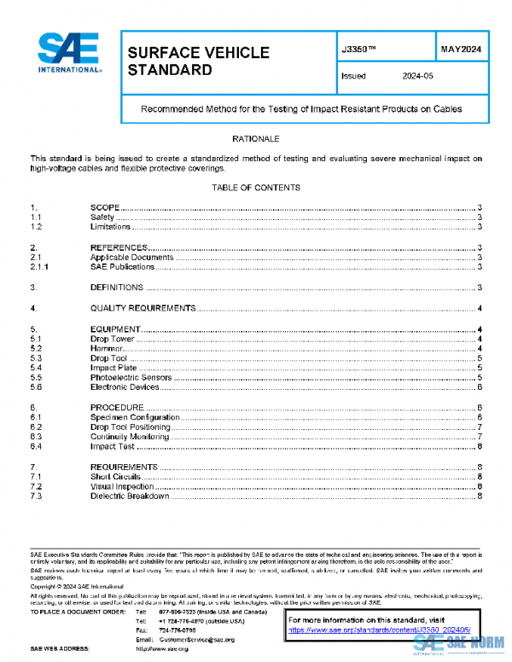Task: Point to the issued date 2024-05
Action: point(417,76)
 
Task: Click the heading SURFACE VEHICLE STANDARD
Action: point(198,61)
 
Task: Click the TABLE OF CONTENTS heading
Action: point(255,188)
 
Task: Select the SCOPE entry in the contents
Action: point(104,208)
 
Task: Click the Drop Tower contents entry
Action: point(113,340)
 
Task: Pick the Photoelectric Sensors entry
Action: point(131,377)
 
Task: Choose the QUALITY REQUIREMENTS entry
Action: point(143,308)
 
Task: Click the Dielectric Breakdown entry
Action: point(130,496)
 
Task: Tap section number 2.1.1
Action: point(40,267)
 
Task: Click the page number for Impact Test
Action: point(481,446)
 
